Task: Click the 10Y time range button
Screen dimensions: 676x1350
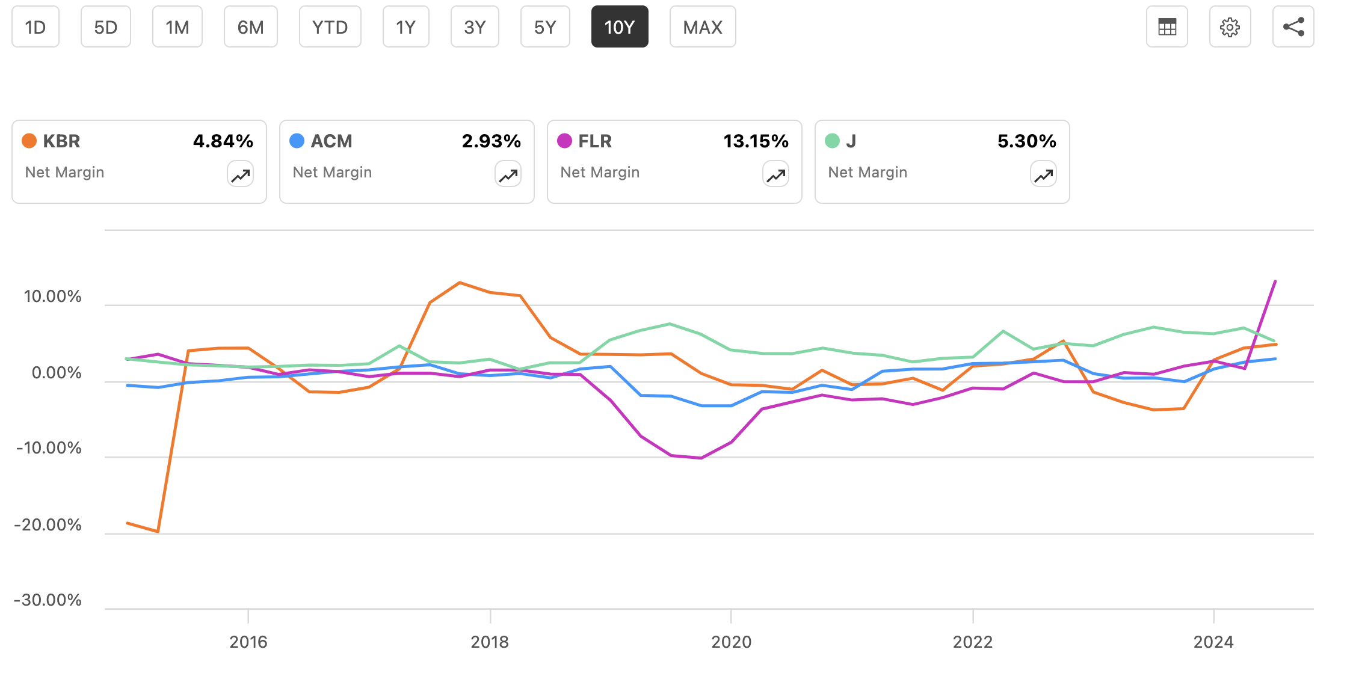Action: [x=619, y=27]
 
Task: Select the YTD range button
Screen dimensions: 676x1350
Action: [x=330, y=27]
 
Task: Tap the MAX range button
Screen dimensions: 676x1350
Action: [x=702, y=27]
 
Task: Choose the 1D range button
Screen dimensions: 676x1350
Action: [x=35, y=27]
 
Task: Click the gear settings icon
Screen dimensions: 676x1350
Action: [x=1230, y=27]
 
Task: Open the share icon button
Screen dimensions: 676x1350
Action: [x=1293, y=27]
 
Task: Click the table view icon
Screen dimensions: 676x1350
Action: [x=1167, y=27]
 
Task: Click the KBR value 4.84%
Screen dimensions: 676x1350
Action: [x=223, y=141]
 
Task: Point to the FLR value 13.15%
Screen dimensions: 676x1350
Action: [x=756, y=141]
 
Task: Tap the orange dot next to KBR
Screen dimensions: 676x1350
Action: [x=29, y=141]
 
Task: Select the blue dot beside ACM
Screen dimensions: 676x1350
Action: [x=297, y=141]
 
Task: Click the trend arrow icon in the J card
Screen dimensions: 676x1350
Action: [x=1043, y=175]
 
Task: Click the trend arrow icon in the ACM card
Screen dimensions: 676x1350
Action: [x=508, y=175]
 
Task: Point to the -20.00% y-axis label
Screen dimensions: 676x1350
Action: [x=48, y=525]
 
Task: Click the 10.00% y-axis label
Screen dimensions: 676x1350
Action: [x=52, y=297]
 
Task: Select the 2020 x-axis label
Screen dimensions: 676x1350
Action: [x=731, y=642]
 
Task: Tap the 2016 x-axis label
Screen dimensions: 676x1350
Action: [x=248, y=642]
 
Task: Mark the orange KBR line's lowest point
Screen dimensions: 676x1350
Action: [x=158, y=532]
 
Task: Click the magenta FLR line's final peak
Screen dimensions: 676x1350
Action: [x=1275, y=281]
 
